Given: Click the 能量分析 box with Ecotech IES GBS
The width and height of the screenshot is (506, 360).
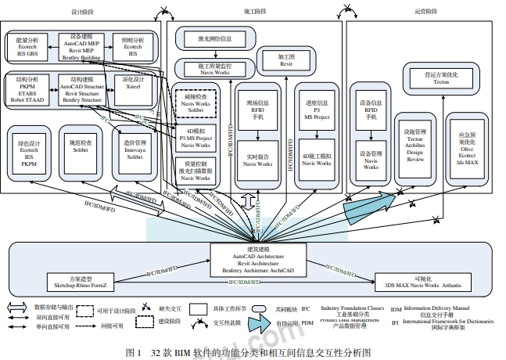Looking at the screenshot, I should click(x=27, y=46).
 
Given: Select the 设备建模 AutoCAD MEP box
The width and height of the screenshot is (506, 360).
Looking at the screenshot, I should click(x=84, y=47).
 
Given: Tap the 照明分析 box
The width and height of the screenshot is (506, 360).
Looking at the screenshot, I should click(x=133, y=46).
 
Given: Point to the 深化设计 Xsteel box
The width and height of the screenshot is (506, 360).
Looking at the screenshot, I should click(x=134, y=87).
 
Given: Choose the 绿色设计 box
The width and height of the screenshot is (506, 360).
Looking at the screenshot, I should click(x=29, y=153).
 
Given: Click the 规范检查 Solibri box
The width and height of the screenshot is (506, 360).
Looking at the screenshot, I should click(x=80, y=149).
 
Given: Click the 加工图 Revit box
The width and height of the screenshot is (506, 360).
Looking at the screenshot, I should click(x=286, y=60).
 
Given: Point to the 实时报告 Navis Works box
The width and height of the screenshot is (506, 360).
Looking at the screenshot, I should click(x=258, y=160).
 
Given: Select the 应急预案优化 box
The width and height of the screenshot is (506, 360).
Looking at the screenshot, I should click(x=468, y=148).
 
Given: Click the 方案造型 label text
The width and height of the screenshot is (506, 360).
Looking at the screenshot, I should click(x=81, y=278).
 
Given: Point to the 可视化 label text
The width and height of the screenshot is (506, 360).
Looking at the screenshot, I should click(x=424, y=278).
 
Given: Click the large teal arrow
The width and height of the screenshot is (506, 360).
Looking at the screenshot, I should click(x=363, y=203).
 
